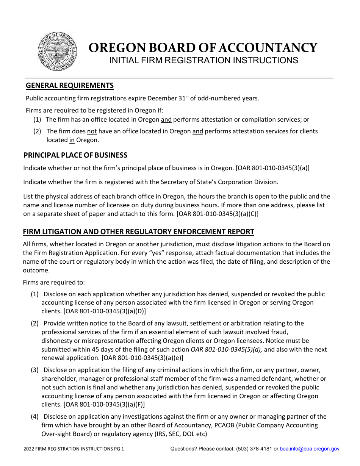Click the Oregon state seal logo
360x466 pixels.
(58, 51)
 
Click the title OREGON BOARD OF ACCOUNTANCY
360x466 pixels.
(203, 48)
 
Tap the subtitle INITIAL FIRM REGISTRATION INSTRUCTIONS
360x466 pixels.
(203, 60)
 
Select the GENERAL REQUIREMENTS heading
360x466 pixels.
(70, 86)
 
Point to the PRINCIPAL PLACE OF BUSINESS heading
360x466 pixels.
(75, 155)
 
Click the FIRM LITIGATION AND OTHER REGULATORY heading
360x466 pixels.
(138, 232)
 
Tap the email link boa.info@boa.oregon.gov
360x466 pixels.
(310, 449)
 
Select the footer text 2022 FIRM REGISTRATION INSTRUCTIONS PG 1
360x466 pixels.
(74, 449)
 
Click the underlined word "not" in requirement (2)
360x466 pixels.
(92, 131)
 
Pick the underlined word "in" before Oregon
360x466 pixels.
(72, 140)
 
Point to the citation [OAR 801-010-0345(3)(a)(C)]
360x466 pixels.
(218, 214)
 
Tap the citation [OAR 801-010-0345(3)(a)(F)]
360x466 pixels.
(105, 405)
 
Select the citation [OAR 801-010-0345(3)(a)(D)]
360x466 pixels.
(105, 311)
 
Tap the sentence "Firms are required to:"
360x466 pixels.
(54, 282)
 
